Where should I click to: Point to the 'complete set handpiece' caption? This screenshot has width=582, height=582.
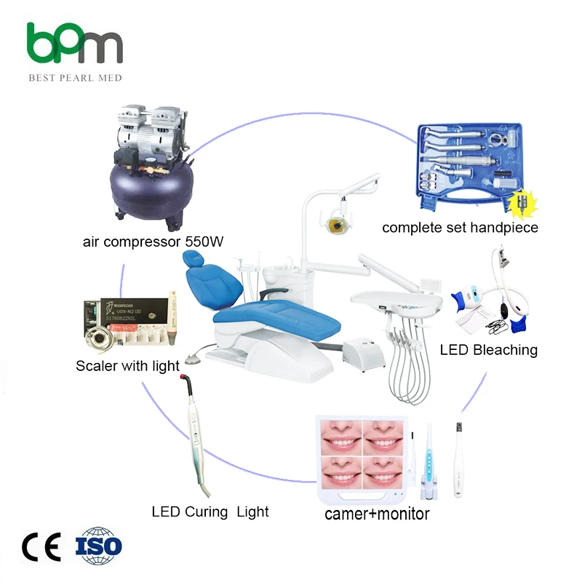pyautogui.click(x=461, y=228)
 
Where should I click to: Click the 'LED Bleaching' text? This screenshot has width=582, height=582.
pyautogui.click(x=488, y=350)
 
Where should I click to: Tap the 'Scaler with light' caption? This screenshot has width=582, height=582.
pyautogui.click(x=127, y=365)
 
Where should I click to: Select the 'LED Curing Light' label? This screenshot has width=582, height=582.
pyautogui.click(x=210, y=511)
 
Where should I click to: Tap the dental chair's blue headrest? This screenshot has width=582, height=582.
pyautogui.click(x=193, y=263)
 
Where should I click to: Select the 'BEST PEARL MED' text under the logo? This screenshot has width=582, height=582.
pyautogui.click(x=75, y=78)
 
